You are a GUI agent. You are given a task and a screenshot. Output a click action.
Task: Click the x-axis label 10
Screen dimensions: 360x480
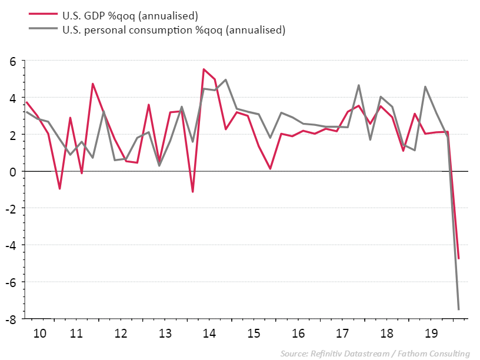(x=40, y=334)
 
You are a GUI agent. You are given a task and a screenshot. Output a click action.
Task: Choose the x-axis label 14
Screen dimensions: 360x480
(x=209, y=334)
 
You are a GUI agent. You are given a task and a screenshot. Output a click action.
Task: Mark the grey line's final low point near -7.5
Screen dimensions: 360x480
(x=458, y=309)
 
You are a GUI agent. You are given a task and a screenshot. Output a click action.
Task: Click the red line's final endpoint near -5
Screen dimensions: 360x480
(x=458, y=258)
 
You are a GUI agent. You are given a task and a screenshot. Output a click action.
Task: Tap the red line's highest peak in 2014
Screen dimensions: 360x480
(x=204, y=69)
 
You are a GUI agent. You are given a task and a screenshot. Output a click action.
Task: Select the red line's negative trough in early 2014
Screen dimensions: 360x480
(x=192, y=192)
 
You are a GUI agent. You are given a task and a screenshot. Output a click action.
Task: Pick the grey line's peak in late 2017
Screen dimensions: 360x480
(x=359, y=85)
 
